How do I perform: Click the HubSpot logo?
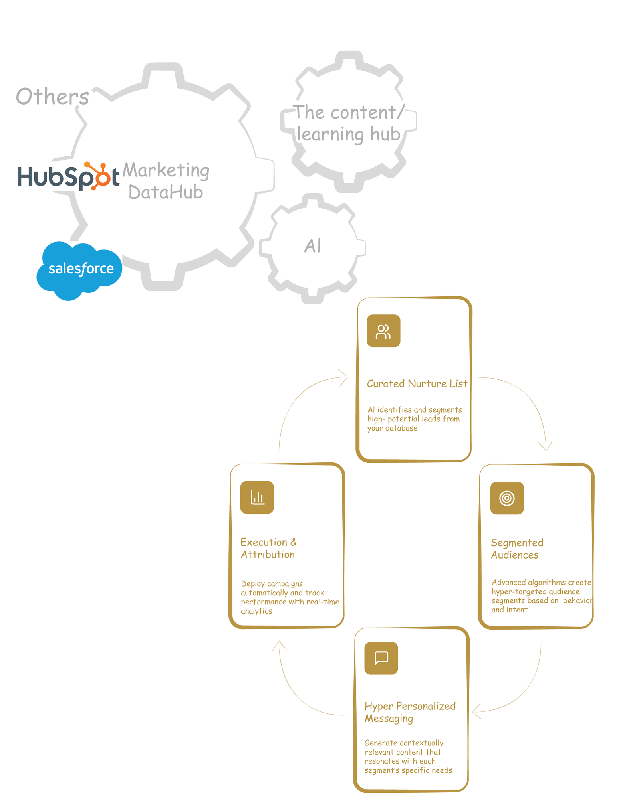coord(68,176)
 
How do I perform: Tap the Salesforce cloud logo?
coord(80,269)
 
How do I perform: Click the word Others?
coord(52,97)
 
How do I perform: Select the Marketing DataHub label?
coord(166,181)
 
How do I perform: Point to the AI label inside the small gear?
coord(313,246)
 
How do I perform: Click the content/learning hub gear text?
coord(349,123)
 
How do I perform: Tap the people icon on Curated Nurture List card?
coord(383,331)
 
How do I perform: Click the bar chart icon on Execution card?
coord(257,497)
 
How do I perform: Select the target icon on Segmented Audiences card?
coord(507,498)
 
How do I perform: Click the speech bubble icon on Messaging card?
coord(381,658)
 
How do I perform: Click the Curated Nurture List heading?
coord(417,384)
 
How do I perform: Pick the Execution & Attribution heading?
coord(268,548)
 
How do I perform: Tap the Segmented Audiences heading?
coord(517,549)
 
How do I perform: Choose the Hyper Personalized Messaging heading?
coord(410,712)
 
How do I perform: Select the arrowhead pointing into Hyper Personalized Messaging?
coord(476,711)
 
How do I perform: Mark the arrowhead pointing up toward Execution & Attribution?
coord(279,646)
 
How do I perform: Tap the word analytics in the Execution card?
coord(256,611)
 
